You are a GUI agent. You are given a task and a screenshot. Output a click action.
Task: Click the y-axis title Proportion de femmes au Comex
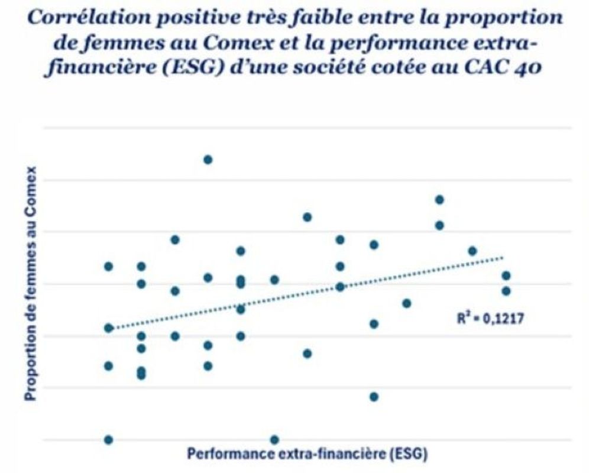click(30, 284)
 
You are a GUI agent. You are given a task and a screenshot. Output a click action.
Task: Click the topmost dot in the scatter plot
click(208, 160)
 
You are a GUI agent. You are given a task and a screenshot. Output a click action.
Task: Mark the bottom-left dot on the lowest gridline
click(108, 439)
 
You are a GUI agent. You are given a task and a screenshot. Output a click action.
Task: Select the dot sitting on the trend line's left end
click(108, 328)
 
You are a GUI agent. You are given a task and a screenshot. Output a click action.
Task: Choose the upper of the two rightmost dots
click(506, 276)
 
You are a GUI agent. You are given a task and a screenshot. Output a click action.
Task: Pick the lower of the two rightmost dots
click(506, 291)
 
